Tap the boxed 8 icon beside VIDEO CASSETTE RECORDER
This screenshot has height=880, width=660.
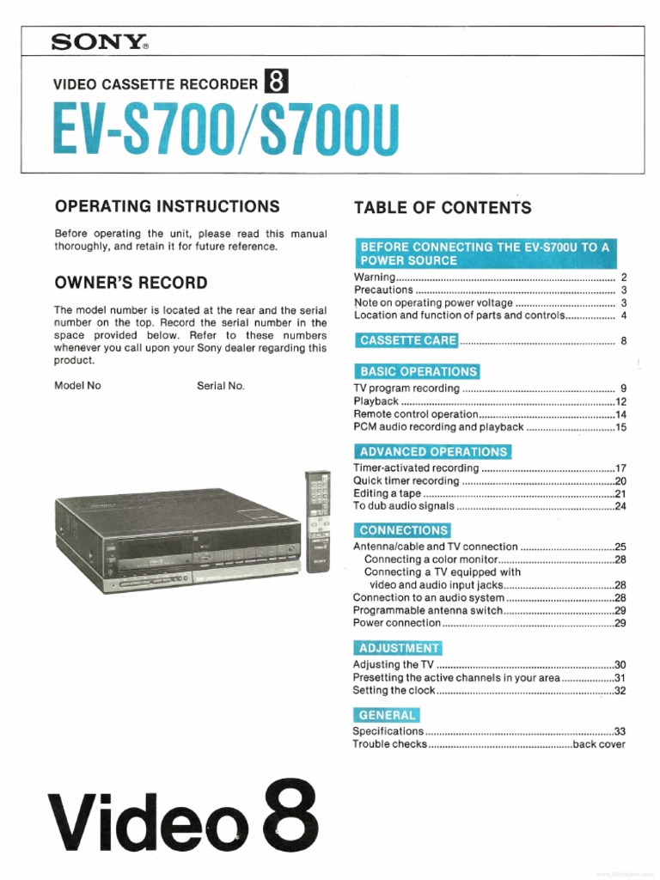pos(276,82)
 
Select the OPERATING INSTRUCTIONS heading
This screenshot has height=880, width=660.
pos(167,206)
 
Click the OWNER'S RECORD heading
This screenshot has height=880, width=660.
pos(131,283)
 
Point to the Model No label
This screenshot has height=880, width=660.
pos(77,386)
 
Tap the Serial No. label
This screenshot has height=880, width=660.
pos(221,386)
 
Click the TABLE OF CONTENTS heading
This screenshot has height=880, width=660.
pos(443,207)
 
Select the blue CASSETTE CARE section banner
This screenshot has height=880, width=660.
pos(407,340)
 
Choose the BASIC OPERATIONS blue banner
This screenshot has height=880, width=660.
pos(417,371)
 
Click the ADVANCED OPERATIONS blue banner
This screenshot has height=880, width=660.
pos(432,451)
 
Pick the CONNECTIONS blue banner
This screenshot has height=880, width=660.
pos(402,530)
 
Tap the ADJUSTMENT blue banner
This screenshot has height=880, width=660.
pos(398,648)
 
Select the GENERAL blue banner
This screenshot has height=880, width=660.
pos(386,715)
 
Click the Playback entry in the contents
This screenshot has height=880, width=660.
pos(376,401)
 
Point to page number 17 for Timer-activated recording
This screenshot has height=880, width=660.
pos(620,468)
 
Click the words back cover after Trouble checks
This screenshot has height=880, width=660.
pos(599,744)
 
